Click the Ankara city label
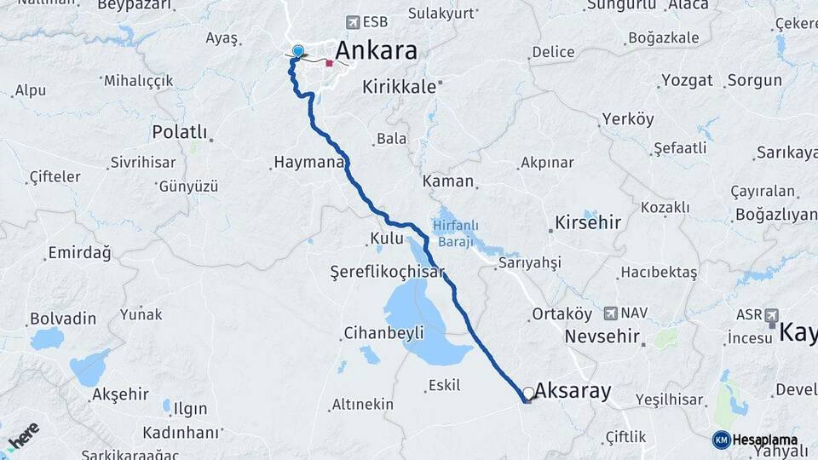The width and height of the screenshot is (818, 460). point(376,50)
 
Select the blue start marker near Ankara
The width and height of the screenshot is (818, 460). point(297,51)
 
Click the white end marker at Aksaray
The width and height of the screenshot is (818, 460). point(529,393)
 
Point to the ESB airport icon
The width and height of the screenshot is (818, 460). point(352,22)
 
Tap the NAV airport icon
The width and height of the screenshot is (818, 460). point(610,313)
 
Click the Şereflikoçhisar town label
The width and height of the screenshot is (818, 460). point(388,271)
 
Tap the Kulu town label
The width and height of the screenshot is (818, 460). point(387,239)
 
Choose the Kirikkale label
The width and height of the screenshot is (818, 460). point(399,87)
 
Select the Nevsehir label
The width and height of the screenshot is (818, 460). point(602,336)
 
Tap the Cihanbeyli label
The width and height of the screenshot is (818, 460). point(383,333)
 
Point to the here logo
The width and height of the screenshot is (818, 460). point(21,436)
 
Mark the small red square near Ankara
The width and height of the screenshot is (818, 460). point(329,62)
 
